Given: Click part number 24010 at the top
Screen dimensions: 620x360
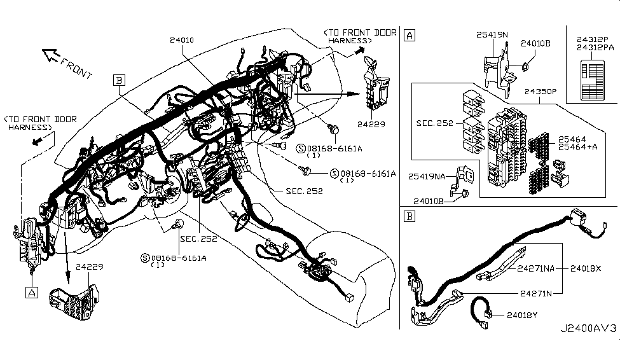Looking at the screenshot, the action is coord(182,40).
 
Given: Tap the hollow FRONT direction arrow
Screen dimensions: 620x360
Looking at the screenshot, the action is coord(51,55).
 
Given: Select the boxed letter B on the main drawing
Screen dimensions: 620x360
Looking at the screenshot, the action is coord(119,80).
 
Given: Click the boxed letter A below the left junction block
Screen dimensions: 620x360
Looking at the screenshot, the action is coord(32,293).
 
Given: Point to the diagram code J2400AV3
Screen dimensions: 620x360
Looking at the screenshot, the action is coord(588,328).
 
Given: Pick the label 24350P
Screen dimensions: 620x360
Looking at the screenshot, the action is coord(541,92).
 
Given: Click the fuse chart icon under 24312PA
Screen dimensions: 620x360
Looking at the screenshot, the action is coord(593,80).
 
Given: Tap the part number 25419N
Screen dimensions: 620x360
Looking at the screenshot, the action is coord(492,35).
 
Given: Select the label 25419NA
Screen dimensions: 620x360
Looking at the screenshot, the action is coord(427,176).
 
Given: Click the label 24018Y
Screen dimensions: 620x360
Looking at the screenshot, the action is coord(522,315).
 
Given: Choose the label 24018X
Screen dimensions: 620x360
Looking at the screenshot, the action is coord(586,268).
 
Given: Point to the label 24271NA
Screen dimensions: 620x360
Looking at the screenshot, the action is coord(536,268).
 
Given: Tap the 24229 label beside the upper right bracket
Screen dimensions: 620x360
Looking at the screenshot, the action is coord(371,124).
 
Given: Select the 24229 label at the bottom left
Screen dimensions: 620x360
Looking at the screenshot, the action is coord(90,267).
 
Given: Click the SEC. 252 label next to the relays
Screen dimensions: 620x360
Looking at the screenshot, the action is coord(434,123).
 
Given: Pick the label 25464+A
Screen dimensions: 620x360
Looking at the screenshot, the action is coord(577,147).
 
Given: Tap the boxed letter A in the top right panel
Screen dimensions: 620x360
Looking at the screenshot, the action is coord(410,35).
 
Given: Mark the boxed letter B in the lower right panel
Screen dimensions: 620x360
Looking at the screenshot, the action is coord(410,216).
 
